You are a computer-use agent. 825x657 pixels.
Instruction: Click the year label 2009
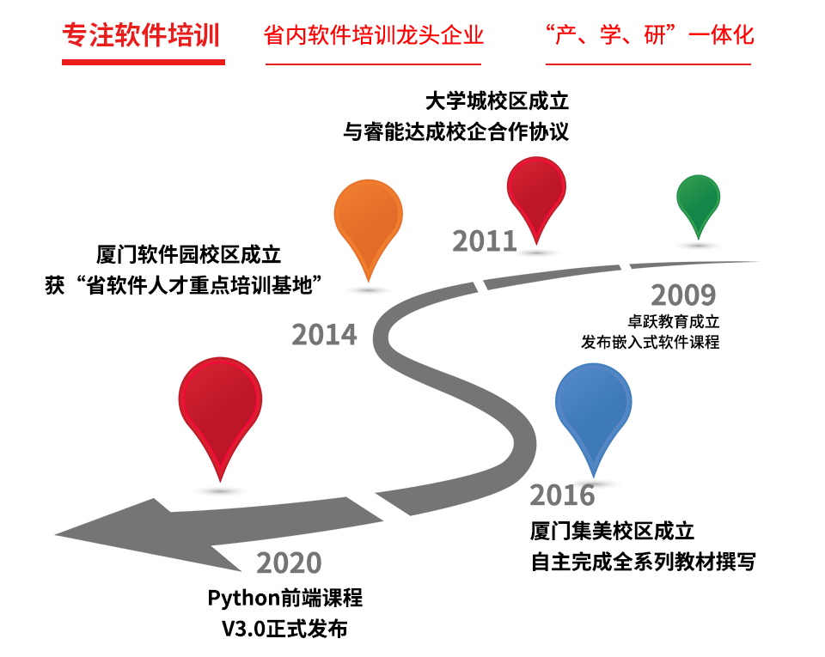point(683,295)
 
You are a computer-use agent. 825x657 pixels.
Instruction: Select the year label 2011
point(485,241)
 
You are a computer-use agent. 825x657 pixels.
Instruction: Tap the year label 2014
point(324,335)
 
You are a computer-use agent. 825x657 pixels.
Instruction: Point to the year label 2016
point(562,496)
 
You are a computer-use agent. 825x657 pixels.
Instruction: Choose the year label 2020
point(289,563)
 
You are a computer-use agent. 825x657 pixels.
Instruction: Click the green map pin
point(698,206)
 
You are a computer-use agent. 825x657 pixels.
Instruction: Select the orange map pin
point(369,229)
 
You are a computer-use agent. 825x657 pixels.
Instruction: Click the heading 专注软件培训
point(141,35)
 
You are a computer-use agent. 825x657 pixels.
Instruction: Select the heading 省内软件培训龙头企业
point(373,35)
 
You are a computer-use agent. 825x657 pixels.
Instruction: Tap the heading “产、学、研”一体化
point(650,35)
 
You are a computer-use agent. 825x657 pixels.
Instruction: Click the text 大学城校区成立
point(497,101)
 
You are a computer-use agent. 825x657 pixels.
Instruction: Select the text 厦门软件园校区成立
point(188,254)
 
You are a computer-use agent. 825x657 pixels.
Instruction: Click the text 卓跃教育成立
point(674,321)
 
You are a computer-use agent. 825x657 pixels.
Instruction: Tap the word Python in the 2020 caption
point(243,599)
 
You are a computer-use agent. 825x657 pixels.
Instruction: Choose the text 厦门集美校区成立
point(612,531)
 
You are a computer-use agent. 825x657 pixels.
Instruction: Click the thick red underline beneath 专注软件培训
point(144,62)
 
